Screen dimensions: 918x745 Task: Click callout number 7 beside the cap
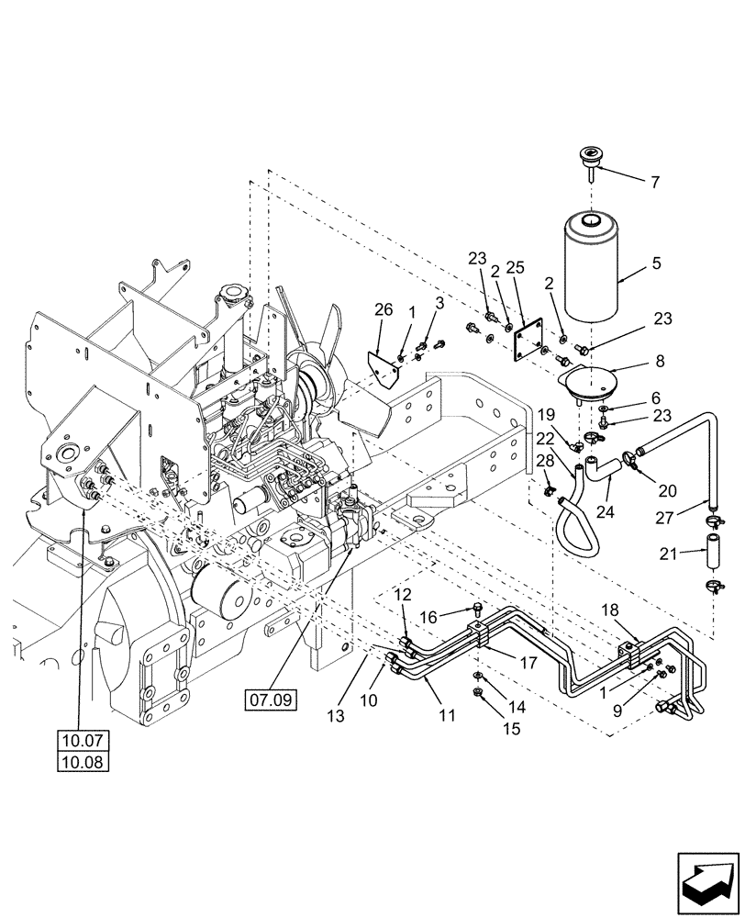pos(654,182)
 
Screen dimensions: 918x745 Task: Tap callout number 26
pos(384,311)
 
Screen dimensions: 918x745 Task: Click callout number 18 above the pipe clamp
pos(610,610)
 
